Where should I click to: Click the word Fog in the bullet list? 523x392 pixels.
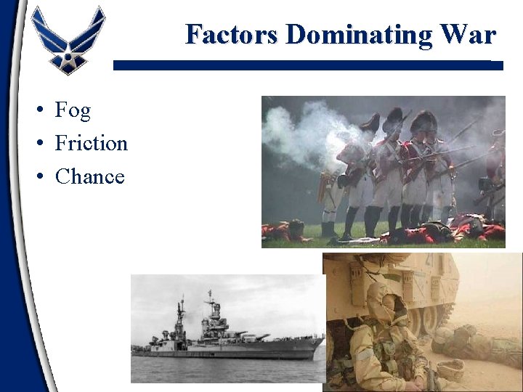[73, 110]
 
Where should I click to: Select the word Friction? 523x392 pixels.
[91, 144]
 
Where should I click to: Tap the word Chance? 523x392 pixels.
[89, 176]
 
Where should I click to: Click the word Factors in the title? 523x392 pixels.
[232, 34]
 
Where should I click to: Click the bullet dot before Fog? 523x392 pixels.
[44, 111]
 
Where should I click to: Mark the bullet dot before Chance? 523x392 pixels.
[44, 177]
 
